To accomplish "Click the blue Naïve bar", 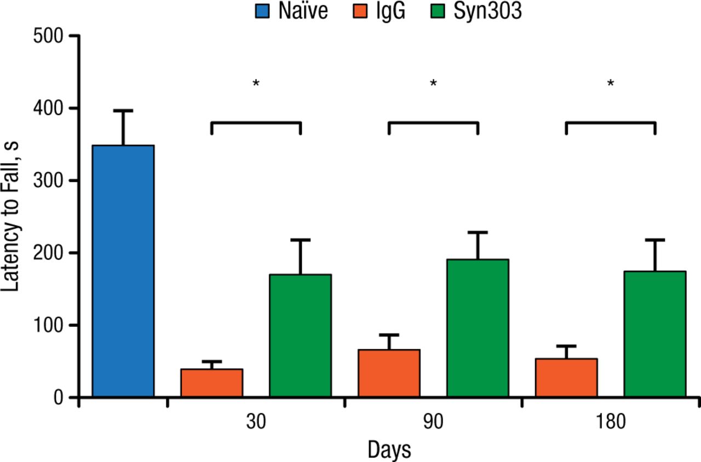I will click(x=123, y=271).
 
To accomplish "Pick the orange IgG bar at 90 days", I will click(x=389, y=373).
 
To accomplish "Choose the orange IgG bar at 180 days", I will click(x=566, y=378).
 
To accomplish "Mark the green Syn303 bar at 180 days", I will click(x=655, y=334).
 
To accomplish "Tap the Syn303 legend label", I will click(x=487, y=11).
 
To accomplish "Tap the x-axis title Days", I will click(x=389, y=449).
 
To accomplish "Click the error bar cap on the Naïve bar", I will click(x=123, y=111).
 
